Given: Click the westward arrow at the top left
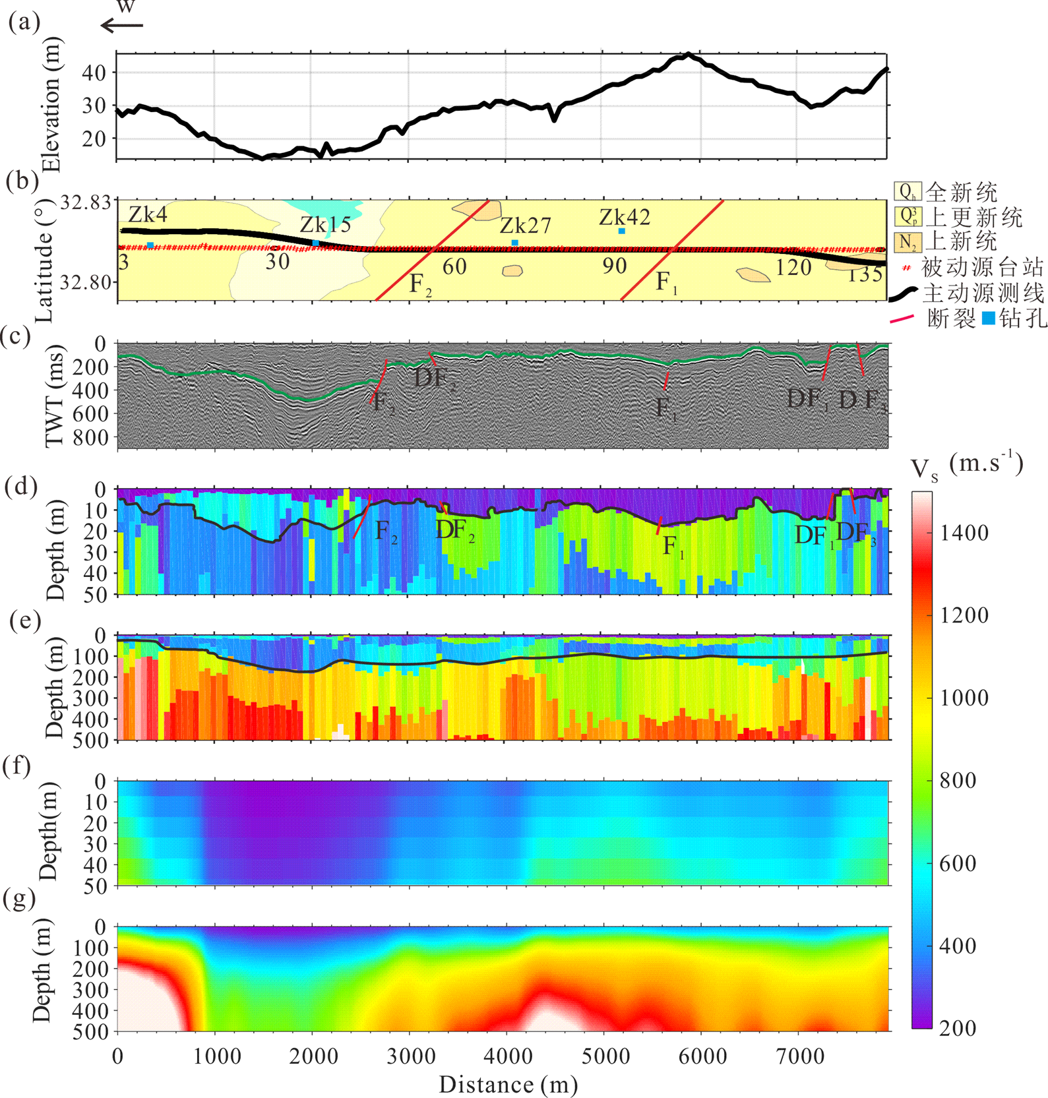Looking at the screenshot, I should click(x=121, y=26).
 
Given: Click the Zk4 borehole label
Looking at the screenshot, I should click(x=148, y=214).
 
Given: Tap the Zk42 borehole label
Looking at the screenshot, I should click(x=625, y=217).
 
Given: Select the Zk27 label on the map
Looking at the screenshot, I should click(x=525, y=226).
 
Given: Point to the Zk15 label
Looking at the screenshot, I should click(x=325, y=225).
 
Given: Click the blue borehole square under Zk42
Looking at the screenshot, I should click(x=622, y=231).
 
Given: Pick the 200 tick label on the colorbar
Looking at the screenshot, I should click(x=958, y=1027).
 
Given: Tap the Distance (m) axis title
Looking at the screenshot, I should click(x=508, y=1084).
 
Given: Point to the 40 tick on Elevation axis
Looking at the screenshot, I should click(x=94, y=73).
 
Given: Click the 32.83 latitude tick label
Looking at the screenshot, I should click(x=86, y=202).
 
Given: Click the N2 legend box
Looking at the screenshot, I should click(x=908, y=242).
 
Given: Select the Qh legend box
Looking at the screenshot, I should click(x=908, y=192).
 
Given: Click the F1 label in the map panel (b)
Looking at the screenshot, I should click(x=665, y=283).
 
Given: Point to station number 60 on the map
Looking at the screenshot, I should click(x=454, y=266).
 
